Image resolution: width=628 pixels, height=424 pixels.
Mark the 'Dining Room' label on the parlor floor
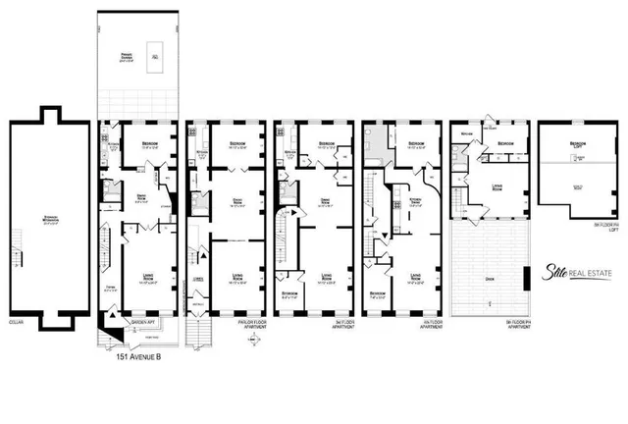pos(235,203)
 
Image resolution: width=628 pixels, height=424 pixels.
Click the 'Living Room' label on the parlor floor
pos(235,277)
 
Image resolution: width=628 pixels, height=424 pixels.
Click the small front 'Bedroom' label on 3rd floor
pos(288,292)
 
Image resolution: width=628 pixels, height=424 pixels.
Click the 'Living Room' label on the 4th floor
pos(416,277)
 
